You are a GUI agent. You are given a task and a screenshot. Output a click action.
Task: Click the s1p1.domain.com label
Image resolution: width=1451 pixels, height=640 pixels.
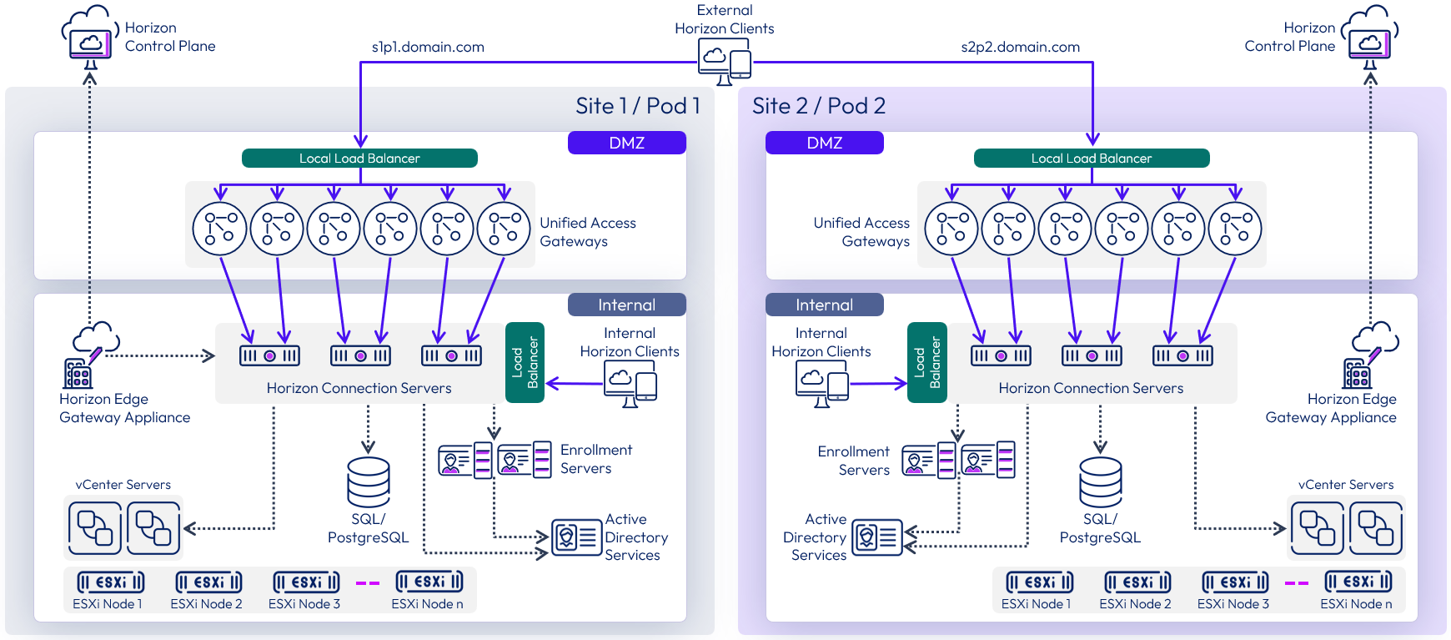click(x=428, y=47)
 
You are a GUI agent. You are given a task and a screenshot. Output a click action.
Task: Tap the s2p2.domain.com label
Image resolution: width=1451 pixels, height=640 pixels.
click(x=1020, y=47)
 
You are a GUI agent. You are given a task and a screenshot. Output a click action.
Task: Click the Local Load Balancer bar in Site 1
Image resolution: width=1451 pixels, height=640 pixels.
click(x=359, y=158)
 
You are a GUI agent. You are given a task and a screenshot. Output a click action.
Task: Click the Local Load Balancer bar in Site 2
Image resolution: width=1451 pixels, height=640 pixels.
click(x=1091, y=158)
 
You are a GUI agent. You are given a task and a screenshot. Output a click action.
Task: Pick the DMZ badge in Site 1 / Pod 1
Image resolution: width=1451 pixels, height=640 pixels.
click(x=626, y=143)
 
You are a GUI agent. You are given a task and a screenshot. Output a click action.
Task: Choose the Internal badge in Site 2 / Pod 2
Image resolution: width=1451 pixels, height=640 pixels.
click(x=824, y=305)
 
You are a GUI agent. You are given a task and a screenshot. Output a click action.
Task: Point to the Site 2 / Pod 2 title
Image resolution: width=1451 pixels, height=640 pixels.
click(x=818, y=106)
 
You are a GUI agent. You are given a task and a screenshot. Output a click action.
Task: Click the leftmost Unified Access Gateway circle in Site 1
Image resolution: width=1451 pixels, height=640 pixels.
click(x=219, y=229)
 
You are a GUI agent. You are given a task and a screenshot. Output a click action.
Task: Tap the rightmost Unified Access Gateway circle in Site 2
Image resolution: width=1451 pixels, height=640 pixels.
click(x=1234, y=229)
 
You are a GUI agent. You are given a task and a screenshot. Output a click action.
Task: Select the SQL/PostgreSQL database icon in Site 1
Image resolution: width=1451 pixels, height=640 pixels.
click(x=368, y=482)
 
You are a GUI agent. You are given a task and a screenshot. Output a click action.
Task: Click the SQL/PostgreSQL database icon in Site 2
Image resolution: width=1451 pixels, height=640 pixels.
click(x=1100, y=482)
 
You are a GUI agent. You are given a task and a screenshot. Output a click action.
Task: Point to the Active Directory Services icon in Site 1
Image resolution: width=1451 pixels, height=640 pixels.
click(x=576, y=538)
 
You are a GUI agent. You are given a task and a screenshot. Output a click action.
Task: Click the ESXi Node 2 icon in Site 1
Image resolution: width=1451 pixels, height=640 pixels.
click(x=208, y=582)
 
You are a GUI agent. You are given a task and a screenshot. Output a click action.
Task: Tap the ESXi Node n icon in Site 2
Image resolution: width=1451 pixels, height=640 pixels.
click(x=1358, y=582)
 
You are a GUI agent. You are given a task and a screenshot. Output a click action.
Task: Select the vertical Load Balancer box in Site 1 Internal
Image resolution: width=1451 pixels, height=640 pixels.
click(x=525, y=362)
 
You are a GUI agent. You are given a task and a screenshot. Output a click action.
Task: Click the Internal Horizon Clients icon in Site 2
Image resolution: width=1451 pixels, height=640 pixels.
click(x=821, y=384)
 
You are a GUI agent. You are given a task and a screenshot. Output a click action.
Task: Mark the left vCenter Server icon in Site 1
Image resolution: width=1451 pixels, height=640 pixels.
click(x=94, y=528)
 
